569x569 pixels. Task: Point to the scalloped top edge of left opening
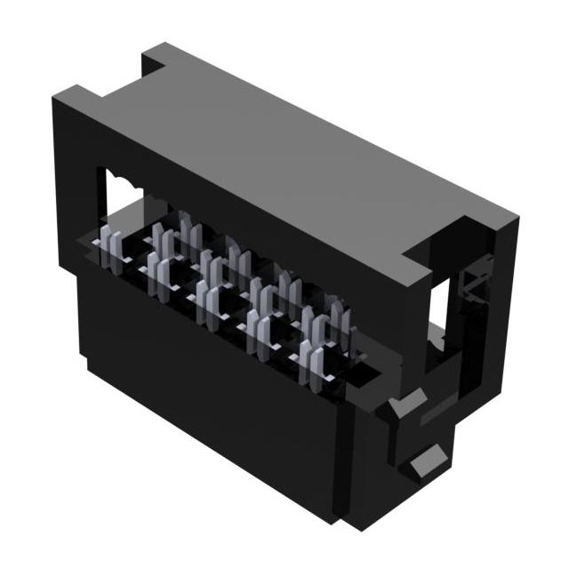click(125, 178)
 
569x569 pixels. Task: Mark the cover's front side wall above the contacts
click(249, 222)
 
